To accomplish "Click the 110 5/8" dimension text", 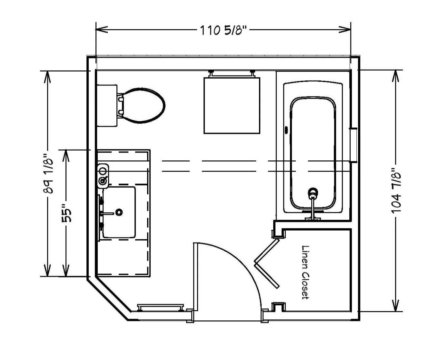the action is (x=223, y=30).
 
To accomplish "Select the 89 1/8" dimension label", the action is (x=48, y=174).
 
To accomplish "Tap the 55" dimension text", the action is (x=66, y=213).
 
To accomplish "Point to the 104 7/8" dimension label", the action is (x=396, y=191).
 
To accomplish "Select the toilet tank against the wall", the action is (x=107, y=105).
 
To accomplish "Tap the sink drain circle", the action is (x=119, y=212).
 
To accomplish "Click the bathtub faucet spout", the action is (x=313, y=207).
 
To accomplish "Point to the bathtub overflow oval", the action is (x=286, y=130).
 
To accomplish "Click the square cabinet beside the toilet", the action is (x=232, y=105).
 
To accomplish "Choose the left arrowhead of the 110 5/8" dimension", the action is (x=102, y=29).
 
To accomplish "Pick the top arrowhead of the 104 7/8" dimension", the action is (x=395, y=76).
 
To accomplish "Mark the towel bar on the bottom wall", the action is (x=161, y=308).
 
